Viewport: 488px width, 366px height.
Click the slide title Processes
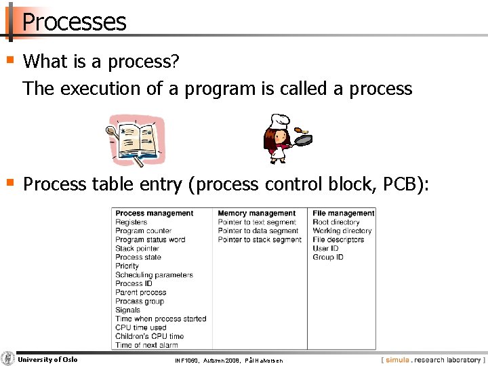point(74,22)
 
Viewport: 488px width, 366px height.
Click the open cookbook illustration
point(136,140)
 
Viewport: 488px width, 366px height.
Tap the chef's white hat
point(277,121)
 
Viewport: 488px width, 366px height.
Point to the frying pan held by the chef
point(303,140)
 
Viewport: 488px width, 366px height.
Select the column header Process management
point(154,213)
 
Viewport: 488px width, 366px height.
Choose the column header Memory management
point(256,213)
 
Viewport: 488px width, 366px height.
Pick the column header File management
point(343,213)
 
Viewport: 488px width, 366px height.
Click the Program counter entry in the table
point(143,231)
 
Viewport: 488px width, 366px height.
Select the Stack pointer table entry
point(138,249)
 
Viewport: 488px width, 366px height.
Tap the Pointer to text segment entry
point(256,222)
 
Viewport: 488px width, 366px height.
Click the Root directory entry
point(335,222)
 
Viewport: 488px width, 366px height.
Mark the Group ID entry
point(327,258)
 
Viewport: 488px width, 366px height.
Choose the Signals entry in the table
point(127,310)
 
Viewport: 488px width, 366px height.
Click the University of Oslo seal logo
point(8,359)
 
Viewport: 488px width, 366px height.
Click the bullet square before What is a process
point(9,60)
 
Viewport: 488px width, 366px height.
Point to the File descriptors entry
point(338,240)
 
